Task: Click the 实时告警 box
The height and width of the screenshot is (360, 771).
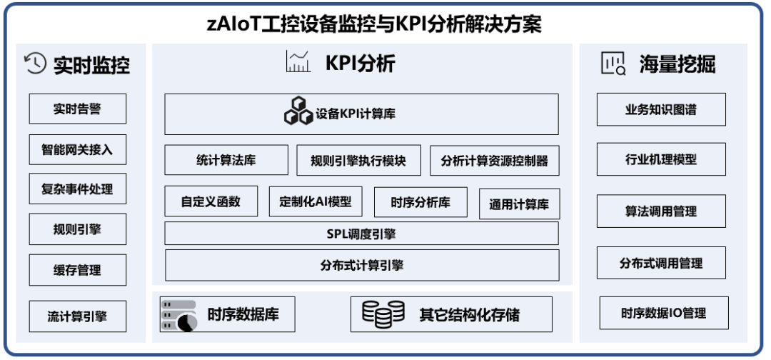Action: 78,109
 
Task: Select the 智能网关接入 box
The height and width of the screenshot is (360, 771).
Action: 78,149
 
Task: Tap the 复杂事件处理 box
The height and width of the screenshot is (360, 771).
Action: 78,189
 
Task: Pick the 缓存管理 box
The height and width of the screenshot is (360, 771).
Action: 78,270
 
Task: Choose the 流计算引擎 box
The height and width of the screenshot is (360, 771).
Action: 78,316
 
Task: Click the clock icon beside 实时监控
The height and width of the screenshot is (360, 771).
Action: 36,64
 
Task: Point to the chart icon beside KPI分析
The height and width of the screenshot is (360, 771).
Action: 298,61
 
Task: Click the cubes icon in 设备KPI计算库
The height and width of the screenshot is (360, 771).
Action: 298,111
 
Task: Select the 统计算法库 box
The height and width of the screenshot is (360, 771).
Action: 226,160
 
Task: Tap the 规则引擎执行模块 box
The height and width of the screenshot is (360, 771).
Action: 358,160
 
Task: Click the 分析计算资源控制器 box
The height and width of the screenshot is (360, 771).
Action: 495,160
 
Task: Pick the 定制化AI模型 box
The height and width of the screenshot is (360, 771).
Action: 316,201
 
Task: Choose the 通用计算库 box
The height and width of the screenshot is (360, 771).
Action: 519,204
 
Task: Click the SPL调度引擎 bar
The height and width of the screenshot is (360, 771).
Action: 361,233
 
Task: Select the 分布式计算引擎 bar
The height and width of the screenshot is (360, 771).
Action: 362,265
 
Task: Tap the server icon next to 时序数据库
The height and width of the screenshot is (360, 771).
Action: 178,315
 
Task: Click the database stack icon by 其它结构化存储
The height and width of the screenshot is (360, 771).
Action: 383,314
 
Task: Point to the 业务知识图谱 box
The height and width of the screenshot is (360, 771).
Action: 661,109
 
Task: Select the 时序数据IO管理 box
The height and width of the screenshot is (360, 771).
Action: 664,313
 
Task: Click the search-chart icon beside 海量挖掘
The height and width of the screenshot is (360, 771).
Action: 613,64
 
